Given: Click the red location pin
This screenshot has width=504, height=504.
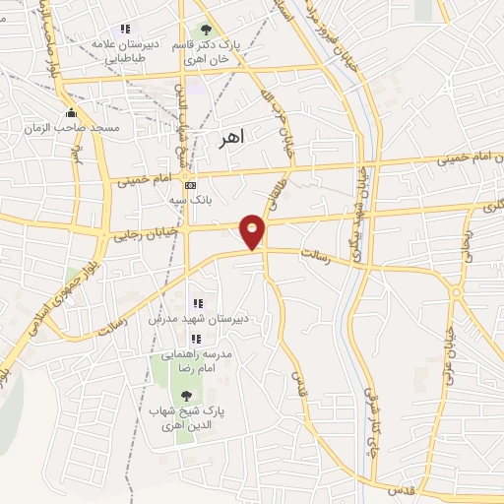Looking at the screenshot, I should (x=253, y=231).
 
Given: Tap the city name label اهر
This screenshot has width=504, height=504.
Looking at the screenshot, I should (x=227, y=139).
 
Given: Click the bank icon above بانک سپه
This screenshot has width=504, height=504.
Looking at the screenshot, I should (x=190, y=186).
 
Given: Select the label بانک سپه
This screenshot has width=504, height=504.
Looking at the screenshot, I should (x=192, y=200).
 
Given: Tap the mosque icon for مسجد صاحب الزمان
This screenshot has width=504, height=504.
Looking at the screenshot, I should (x=72, y=112).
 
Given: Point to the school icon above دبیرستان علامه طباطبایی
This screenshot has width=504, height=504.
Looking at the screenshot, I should (x=124, y=29).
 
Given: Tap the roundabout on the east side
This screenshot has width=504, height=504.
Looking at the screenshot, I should (x=456, y=290).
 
